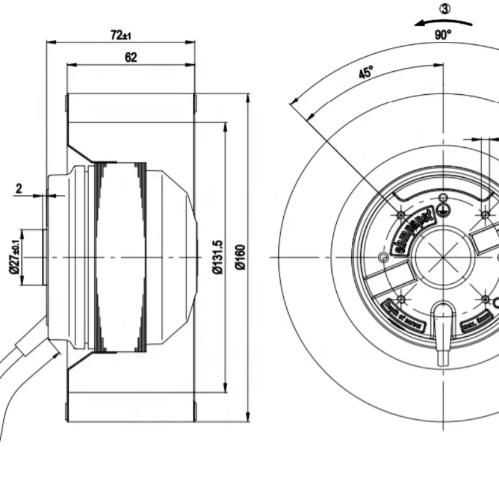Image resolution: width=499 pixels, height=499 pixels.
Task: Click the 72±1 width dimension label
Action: (121, 36)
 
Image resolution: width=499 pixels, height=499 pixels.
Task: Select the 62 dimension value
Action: (131, 58)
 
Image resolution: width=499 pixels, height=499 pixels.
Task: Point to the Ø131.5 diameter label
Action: (217, 256)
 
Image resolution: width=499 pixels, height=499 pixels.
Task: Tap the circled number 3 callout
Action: (444, 9)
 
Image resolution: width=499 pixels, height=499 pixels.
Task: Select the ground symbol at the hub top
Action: (443, 210)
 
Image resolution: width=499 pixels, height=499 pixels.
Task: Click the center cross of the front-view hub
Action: (443, 257)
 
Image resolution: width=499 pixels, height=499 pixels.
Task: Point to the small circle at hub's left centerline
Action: (383, 257)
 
